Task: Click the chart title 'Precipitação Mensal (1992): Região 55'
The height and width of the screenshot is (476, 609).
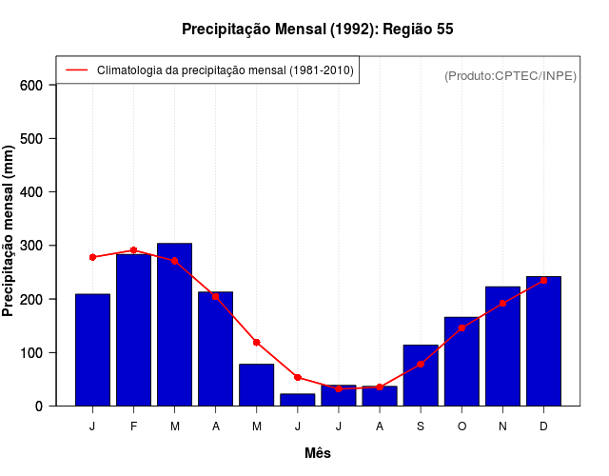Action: (x=317, y=30)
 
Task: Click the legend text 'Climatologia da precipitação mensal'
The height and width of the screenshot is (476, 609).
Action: (x=225, y=70)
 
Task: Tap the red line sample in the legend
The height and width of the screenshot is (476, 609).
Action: (x=76, y=70)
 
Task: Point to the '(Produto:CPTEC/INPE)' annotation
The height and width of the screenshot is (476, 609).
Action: (x=510, y=75)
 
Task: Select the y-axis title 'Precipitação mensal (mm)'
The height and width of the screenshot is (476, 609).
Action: (x=10, y=231)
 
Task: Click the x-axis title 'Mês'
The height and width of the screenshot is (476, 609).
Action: (x=318, y=453)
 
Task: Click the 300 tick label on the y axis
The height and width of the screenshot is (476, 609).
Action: (x=32, y=246)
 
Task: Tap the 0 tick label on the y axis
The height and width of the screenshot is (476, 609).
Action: (x=39, y=407)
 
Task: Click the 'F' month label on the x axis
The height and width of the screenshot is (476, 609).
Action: (x=134, y=426)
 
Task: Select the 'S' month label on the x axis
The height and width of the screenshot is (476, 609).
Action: (x=421, y=426)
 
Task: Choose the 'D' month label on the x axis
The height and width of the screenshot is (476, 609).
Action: (x=543, y=426)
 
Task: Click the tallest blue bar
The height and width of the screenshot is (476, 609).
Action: (x=175, y=325)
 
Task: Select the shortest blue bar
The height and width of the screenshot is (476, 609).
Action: (x=298, y=400)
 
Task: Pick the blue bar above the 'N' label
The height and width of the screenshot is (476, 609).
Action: (x=502, y=347)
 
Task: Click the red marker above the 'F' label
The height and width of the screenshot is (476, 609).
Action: (x=134, y=250)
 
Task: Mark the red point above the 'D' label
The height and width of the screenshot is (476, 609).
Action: (x=543, y=280)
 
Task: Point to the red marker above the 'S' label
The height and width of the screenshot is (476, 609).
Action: (x=421, y=364)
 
